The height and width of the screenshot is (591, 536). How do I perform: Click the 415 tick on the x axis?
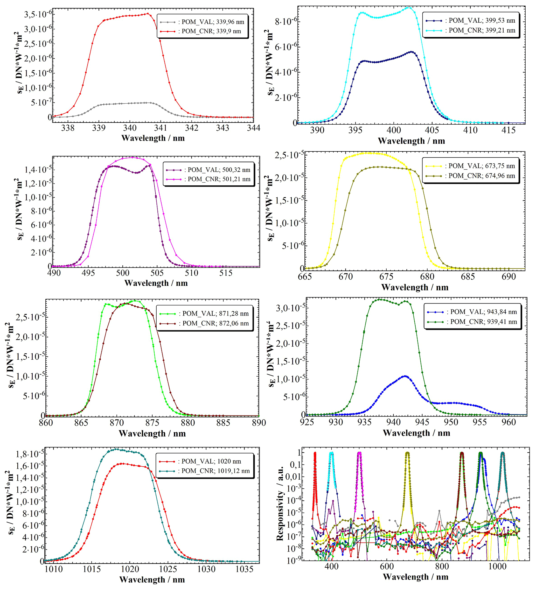click(x=509, y=130)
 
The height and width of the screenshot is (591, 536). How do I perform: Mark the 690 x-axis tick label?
click(x=509, y=277)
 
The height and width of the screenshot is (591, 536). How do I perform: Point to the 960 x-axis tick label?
click(x=509, y=422)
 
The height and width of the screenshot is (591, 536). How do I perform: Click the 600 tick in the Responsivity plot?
click(x=387, y=567)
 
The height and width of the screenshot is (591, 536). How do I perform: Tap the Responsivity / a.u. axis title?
click(x=280, y=503)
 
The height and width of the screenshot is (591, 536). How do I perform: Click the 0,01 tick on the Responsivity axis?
click(x=293, y=477)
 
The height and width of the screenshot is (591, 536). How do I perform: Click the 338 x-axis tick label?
click(x=68, y=128)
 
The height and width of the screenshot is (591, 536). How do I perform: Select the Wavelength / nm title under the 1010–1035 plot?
click(x=152, y=580)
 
